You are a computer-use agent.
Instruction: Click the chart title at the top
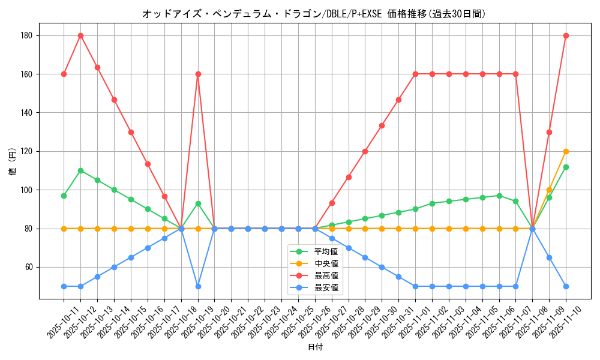point(314,13)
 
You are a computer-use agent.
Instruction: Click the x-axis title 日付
point(315,347)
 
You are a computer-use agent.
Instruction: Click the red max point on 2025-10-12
point(80,35)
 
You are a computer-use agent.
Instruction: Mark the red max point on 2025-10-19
point(198,74)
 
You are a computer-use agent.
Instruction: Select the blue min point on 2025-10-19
point(198,286)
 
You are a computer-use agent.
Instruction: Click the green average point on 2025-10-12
point(80,170)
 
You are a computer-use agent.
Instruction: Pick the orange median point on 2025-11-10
point(566,151)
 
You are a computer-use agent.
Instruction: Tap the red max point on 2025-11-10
point(566,35)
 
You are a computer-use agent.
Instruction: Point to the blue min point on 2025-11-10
point(566,286)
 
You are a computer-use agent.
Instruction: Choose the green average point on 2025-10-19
point(198,203)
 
